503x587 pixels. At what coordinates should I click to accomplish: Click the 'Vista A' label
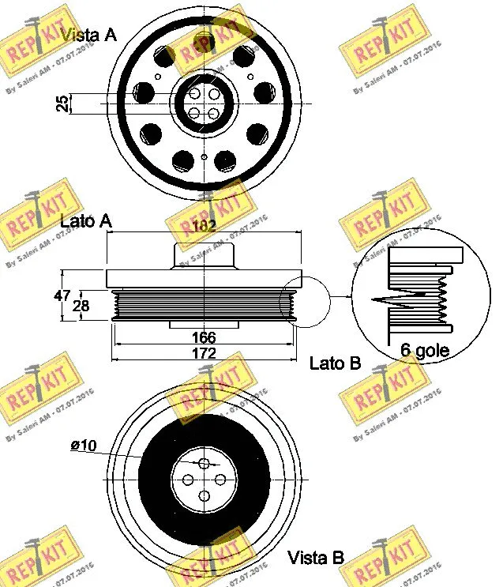pos(88,34)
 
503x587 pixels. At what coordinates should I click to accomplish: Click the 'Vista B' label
pos(316,558)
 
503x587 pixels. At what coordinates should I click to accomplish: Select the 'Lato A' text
pos(85,222)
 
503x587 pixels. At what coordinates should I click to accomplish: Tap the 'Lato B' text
pos(335,363)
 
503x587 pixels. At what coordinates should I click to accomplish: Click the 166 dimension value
pos(204,337)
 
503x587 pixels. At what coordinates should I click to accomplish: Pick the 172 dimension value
pos(204,354)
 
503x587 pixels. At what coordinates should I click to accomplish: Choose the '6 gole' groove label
pos(425,351)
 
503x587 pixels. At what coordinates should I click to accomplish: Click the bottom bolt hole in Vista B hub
pos(205,496)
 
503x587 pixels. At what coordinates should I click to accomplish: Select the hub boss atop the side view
pos(204,256)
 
